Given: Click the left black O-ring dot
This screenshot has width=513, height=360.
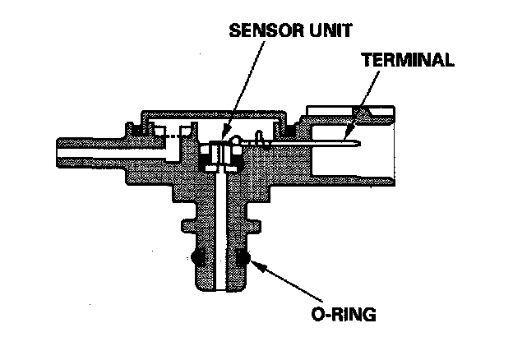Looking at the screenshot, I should click(x=197, y=259).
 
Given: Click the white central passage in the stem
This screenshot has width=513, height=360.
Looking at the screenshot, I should click(x=220, y=230).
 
